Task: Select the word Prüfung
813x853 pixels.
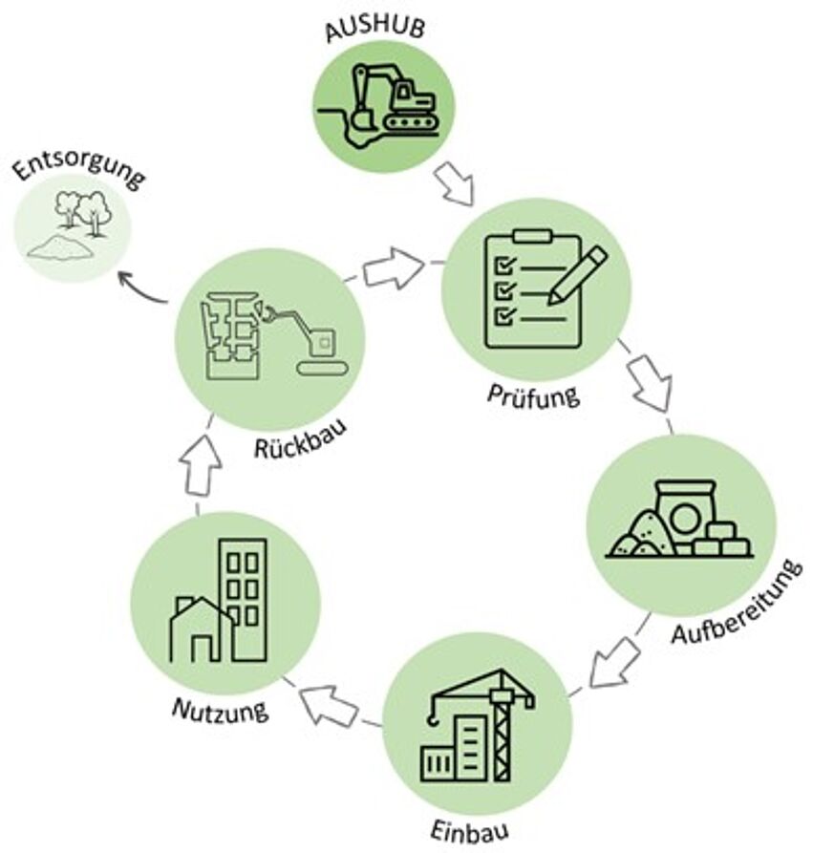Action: pyautogui.click(x=534, y=394)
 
